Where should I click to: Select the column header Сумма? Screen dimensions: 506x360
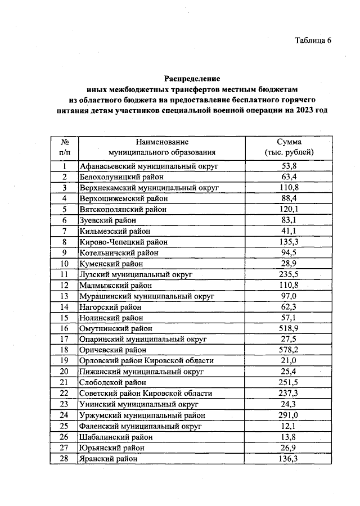click(289, 142)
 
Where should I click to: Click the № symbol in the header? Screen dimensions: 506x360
click(65, 142)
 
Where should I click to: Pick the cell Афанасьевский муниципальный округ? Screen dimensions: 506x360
click(148, 166)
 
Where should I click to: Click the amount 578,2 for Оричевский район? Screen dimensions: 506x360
click(289, 349)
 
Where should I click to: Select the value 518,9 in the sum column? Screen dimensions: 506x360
click(289, 328)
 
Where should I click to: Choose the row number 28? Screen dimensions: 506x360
click(65, 458)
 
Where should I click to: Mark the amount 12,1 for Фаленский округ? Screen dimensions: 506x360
click(289, 426)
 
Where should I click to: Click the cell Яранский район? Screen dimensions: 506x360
click(108, 458)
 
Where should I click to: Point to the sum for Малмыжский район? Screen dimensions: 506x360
click(289, 286)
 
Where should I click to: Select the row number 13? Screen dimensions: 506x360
click(65, 296)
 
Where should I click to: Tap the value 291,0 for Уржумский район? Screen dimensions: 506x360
click(289, 415)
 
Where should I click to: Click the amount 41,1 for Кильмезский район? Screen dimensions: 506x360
click(289, 231)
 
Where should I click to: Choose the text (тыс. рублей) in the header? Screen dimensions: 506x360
click(289, 152)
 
